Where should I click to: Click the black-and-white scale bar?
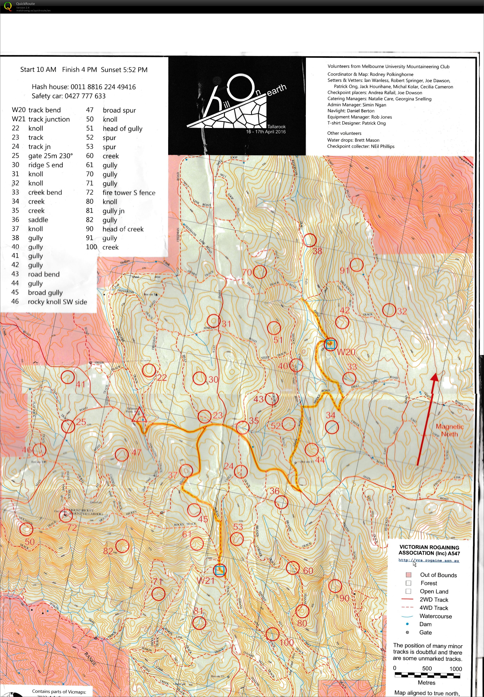pos(427,675)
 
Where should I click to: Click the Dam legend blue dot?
pos(407,624)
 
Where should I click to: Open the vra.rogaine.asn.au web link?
pos(429,560)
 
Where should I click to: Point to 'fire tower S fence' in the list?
pos(129,193)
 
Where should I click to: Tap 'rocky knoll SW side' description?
pos(57,302)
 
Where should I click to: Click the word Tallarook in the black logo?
pos(276,127)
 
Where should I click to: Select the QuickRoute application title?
pos(25,4)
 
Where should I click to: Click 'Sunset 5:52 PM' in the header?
pos(124,70)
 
